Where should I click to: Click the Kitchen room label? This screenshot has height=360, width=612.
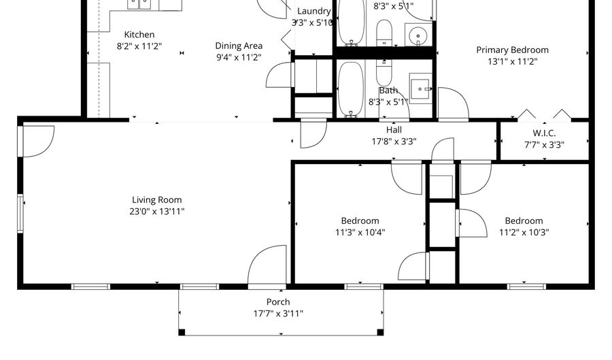pyautogui.click(x=139, y=35)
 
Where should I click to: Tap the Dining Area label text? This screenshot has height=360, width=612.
pyautogui.click(x=239, y=46)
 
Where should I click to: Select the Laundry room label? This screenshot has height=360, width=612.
pyautogui.click(x=313, y=11)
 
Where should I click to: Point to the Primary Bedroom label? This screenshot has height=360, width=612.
pyautogui.click(x=512, y=50)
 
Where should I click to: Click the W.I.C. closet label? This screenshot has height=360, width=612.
pyautogui.click(x=544, y=133)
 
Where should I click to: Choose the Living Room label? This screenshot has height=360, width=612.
pyautogui.click(x=157, y=200)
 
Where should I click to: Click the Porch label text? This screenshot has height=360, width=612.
pyautogui.click(x=277, y=302)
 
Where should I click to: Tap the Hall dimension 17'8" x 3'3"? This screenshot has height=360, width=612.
pyautogui.click(x=394, y=142)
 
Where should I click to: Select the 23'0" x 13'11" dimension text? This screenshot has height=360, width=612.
pyautogui.click(x=158, y=212)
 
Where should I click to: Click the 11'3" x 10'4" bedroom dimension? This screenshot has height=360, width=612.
pyautogui.click(x=360, y=232)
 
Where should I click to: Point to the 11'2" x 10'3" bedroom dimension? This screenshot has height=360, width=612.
pyautogui.click(x=524, y=232)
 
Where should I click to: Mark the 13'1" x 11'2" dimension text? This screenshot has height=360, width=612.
pyautogui.click(x=512, y=61)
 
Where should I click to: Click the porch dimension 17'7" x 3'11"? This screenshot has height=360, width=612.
pyautogui.click(x=277, y=314)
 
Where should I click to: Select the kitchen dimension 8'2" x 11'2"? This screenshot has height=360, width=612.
pyautogui.click(x=139, y=46)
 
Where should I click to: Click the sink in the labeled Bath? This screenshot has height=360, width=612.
pyautogui.click(x=420, y=87)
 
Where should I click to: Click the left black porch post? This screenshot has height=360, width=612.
pyautogui.click(x=182, y=331)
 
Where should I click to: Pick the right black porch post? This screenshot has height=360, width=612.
pyautogui.click(x=380, y=331)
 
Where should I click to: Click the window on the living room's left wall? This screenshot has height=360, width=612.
pyautogui.click(x=20, y=213)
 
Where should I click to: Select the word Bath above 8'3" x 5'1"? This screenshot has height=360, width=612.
pyautogui.click(x=388, y=91)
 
